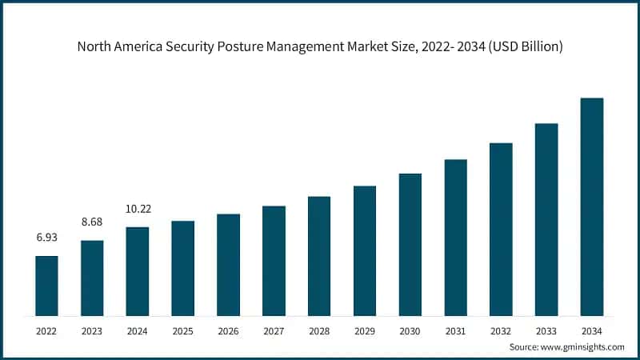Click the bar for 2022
(x=46, y=285)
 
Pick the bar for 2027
(x=274, y=260)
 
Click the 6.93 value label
(x=46, y=238)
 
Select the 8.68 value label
(x=92, y=222)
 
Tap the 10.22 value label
(x=138, y=210)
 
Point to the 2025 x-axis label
(x=183, y=330)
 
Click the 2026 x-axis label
(x=229, y=330)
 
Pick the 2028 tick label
(x=319, y=330)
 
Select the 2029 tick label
(x=365, y=330)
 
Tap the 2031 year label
(x=456, y=330)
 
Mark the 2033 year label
(x=546, y=330)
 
